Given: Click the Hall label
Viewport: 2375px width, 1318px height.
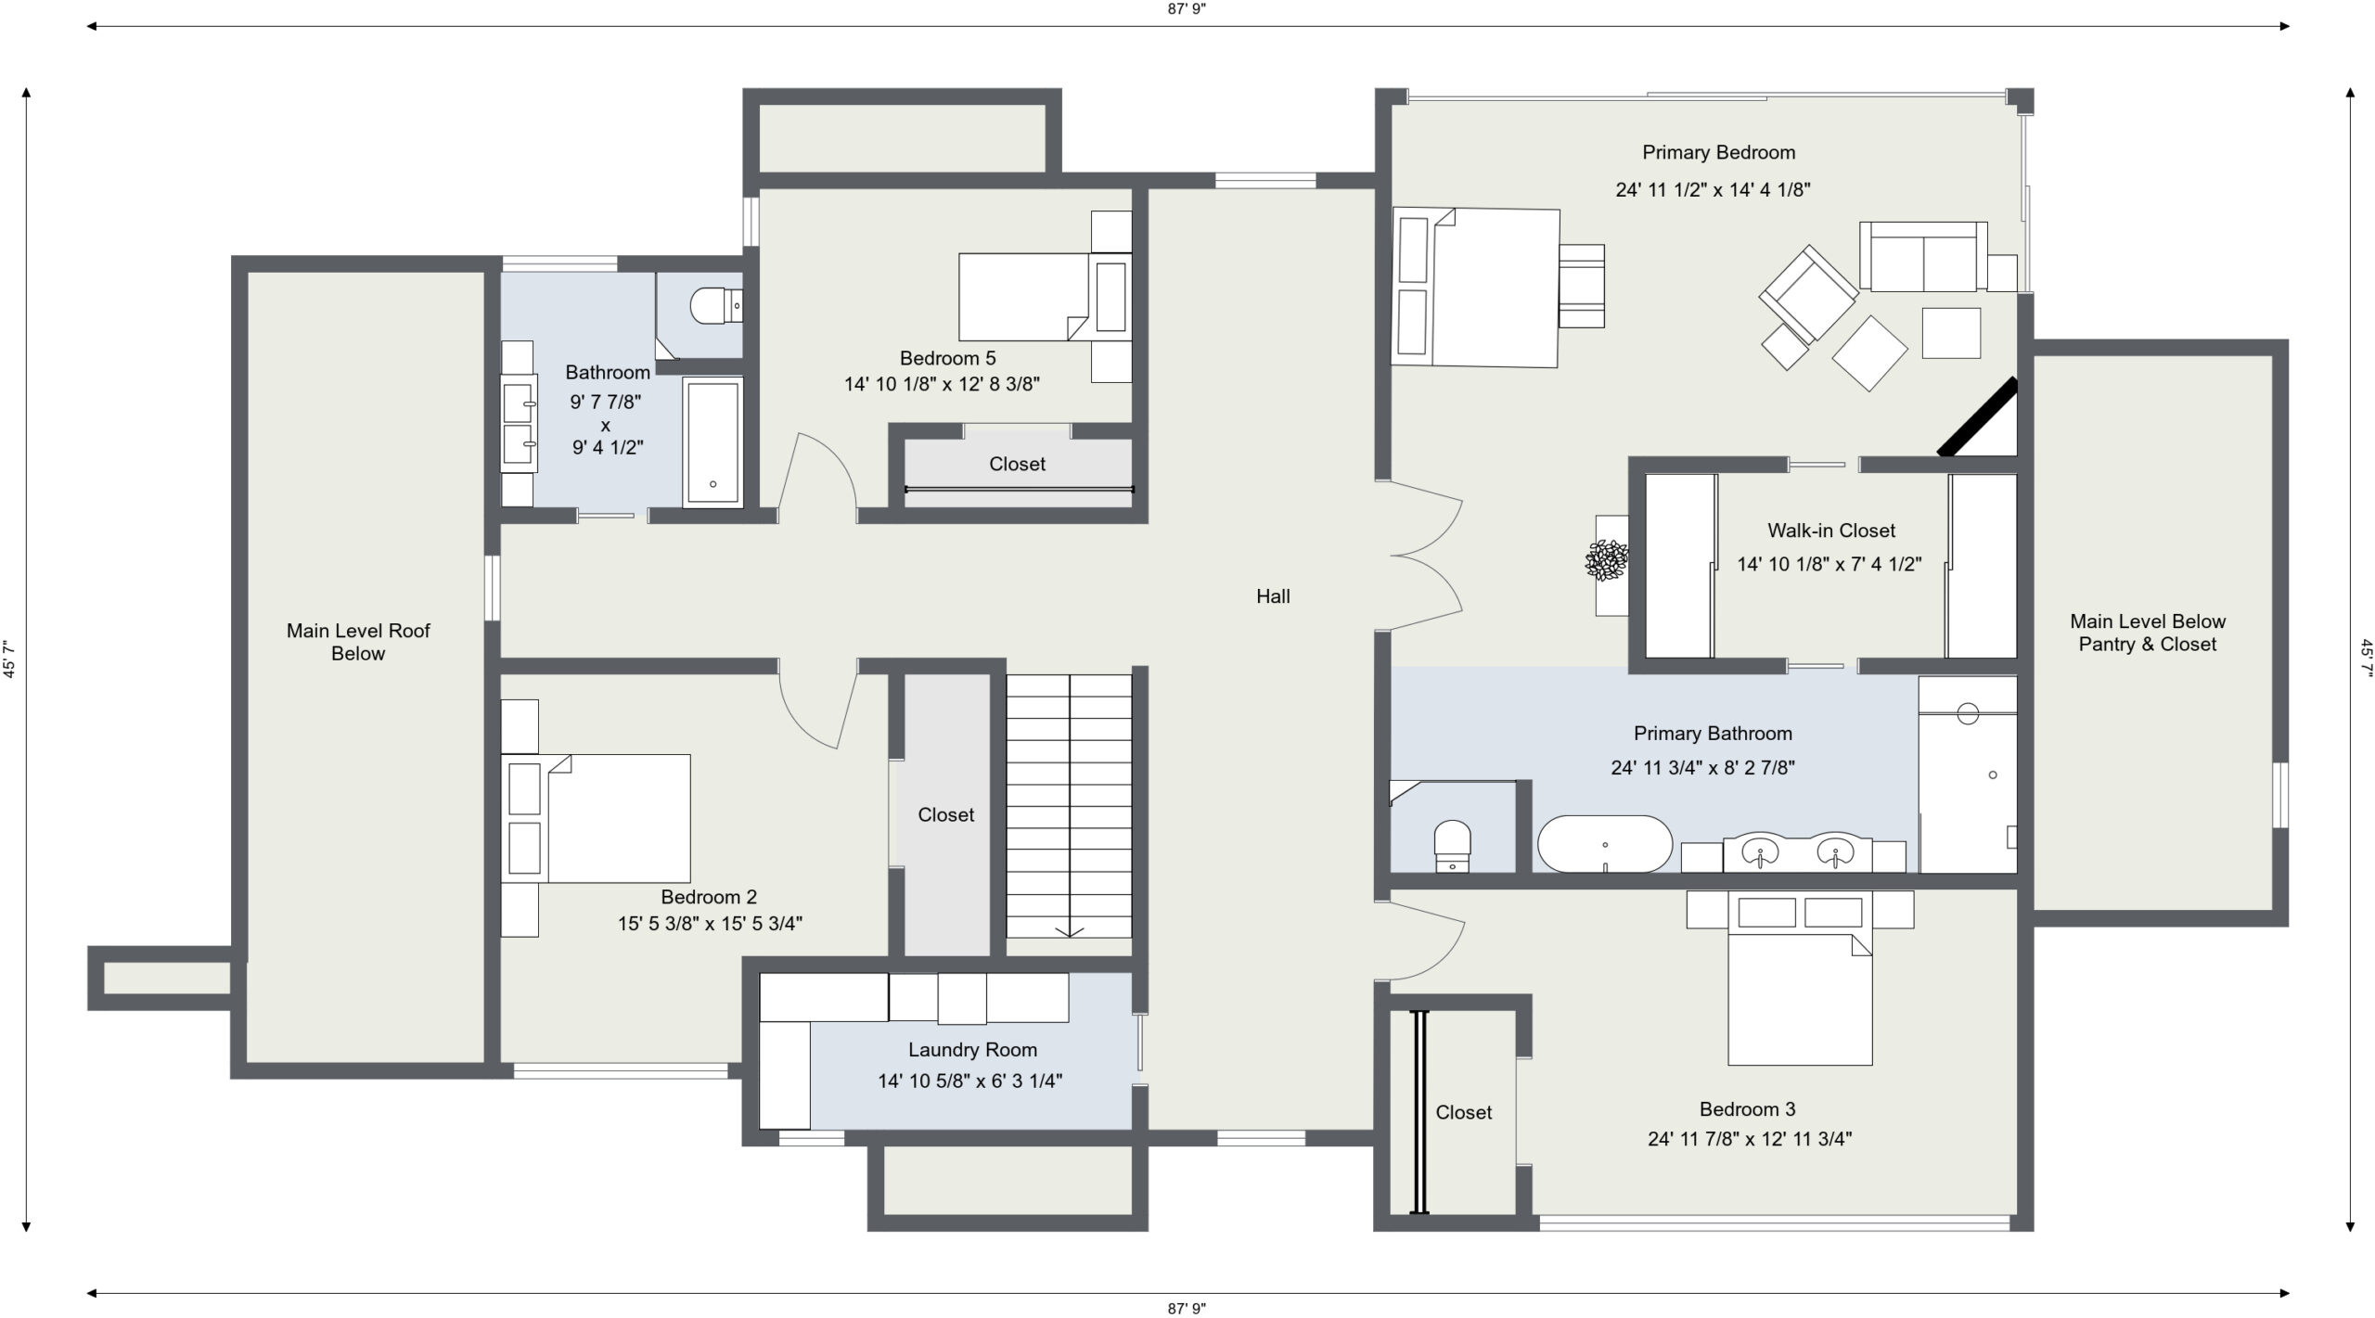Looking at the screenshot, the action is [1273, 596].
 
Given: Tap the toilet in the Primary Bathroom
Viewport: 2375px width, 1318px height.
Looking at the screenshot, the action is [1452, 845].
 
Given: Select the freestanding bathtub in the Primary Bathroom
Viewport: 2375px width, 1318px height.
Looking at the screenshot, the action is [1605, 844].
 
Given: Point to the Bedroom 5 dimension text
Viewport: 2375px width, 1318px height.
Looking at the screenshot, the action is [942, 384].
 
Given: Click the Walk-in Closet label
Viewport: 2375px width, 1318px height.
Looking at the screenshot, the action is [1830, 531].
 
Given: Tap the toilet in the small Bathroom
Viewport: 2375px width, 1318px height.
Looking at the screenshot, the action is [716, 305].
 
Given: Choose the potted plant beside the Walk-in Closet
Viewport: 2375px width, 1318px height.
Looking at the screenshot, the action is [1607, 561].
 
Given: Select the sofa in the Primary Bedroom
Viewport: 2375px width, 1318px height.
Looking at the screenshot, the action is [1923, 257].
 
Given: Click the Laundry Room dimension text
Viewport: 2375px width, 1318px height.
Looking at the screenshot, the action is [970, 1081].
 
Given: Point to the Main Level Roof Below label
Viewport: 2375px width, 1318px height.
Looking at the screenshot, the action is [358, 642].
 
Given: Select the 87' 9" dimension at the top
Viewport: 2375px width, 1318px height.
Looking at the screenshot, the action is [1187, 8].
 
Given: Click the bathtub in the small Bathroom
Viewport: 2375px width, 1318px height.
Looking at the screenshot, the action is [712, 442].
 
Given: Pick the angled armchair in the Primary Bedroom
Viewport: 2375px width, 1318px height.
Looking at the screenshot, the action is [1808, 294].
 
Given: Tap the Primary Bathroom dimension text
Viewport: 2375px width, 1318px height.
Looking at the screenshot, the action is [1702, 768].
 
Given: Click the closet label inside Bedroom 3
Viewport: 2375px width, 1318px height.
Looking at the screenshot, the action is [1464, 1112].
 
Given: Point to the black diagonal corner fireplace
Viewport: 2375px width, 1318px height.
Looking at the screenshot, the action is [1978, 417].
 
